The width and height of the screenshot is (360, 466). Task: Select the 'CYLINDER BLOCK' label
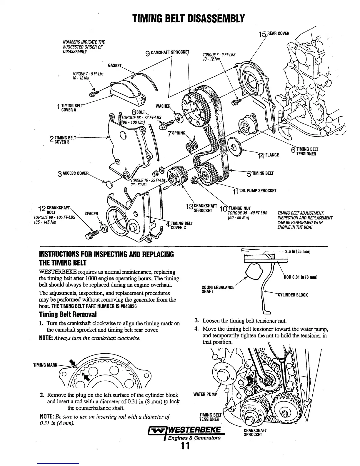point(293,295)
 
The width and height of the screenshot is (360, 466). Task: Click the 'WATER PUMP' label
point(205,394)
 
